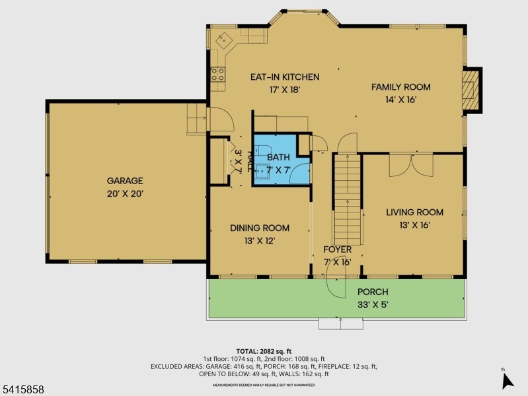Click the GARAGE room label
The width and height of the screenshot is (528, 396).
click(x=125, y=180)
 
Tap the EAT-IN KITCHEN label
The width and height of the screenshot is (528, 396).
click(x=284, y=77)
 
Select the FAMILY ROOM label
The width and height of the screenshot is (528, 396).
click(x=400, y=87)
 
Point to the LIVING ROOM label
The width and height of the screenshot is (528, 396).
click(x=414, y=213)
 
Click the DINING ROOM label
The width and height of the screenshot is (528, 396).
click(x=260, y=228)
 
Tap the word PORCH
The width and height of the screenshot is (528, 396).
click(x=373, y=292)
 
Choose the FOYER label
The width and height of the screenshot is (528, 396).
click(x=337, y=249)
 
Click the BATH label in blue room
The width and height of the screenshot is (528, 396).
click(x=278, y=157)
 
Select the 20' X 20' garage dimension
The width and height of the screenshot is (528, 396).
click(x=125, y=194)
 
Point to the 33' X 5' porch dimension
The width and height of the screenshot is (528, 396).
click(x=373, y=305)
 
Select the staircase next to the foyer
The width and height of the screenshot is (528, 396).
click(x=348, y=198)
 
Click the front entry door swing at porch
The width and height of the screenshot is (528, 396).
click(x=337, y=284)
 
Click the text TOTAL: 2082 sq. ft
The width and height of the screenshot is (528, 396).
click(x=264, y=351)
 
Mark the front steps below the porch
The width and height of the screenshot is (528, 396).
click(x=340, y=324)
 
